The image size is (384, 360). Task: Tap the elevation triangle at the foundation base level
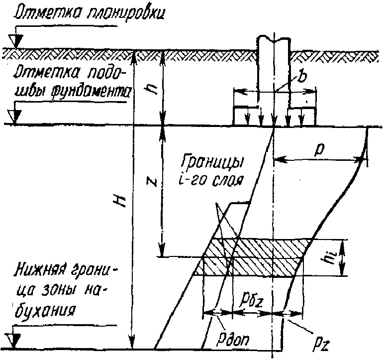point(17,115)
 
